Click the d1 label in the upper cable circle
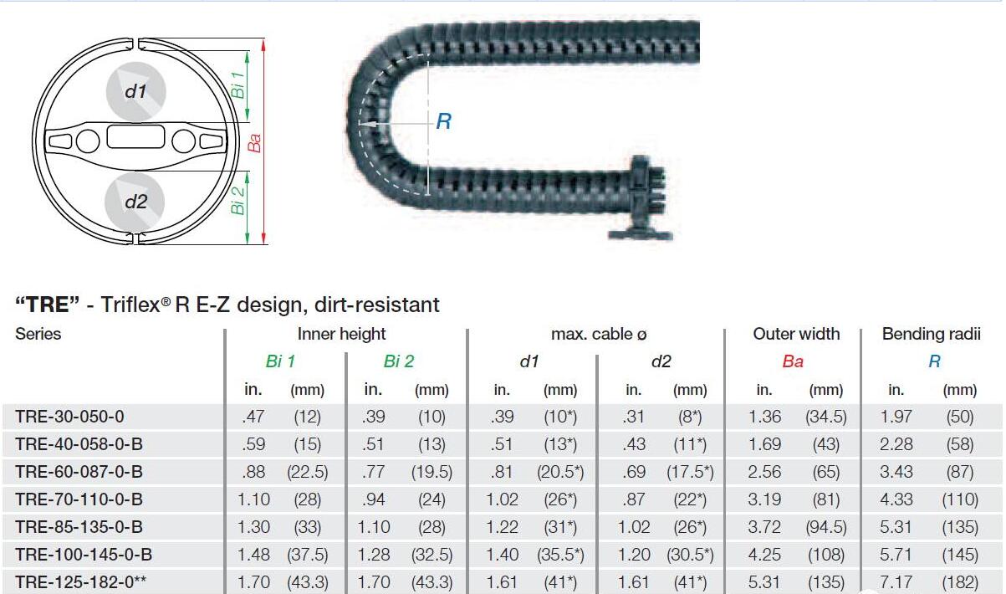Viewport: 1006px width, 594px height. (x=135, y=92)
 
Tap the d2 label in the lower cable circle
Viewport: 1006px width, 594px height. (x=136, y=202)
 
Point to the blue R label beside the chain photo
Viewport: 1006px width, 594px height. (x=444, y=121)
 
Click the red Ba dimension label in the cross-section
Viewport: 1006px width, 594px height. (x=254, y=143)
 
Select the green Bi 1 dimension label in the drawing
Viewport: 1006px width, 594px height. (x=238, y=85)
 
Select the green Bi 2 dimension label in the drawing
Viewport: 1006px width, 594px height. (x=238, y=201)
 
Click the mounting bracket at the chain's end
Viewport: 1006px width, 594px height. (x=641, y=197)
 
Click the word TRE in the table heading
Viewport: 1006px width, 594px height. (x=47, y=305)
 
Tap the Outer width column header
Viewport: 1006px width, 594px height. (x=796, y=334)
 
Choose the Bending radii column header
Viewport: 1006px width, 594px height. (x=931, y=334)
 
